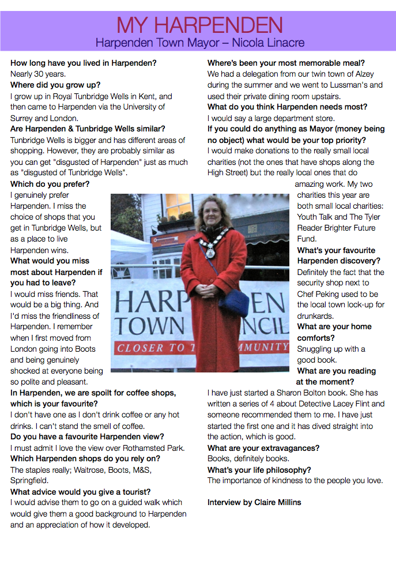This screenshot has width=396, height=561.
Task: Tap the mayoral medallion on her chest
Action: (x=210, y=252)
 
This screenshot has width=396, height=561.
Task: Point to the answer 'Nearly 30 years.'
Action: (x=38, y=74)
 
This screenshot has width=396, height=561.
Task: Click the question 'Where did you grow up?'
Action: (x=55, y=85)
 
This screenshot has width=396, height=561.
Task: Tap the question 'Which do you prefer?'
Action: (x=50, y=184)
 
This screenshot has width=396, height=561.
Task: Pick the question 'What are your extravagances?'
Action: (x=263, y=448)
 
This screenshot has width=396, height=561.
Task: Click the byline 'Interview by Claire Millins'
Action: (x=254, y=502)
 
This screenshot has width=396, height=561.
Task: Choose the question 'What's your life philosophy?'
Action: (x=259, y=470)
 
